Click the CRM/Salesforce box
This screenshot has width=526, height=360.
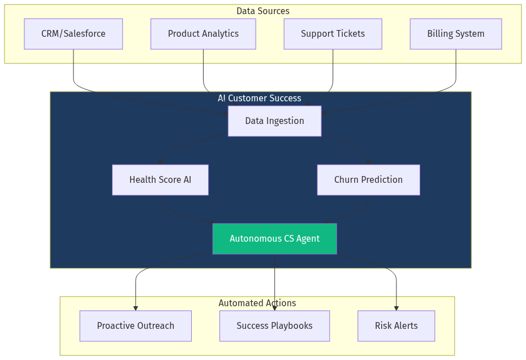[73, 34]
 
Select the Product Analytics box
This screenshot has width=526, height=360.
[203, 34]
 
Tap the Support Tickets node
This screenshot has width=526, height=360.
[333, 34]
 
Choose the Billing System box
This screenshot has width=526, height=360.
[455, 34]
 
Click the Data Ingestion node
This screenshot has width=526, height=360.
[274, 121]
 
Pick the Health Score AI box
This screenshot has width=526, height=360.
[160, 180]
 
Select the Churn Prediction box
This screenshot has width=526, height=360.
[368, 180]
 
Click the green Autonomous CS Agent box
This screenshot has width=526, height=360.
[274, 239]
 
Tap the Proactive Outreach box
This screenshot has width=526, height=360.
[135, 326]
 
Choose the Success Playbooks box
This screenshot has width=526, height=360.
[274, 326]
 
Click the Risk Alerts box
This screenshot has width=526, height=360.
[396, 326]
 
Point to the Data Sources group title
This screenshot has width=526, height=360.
[262, 11]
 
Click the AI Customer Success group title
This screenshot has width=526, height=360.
[260, 98]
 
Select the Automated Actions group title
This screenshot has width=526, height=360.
[257, 303]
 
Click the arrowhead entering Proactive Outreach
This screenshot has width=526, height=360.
[136, 308]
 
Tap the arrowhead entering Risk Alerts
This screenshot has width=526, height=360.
[396, 308]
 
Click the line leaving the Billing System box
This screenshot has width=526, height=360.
[456, 68]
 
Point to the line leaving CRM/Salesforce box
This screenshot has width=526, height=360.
[74, 68]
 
